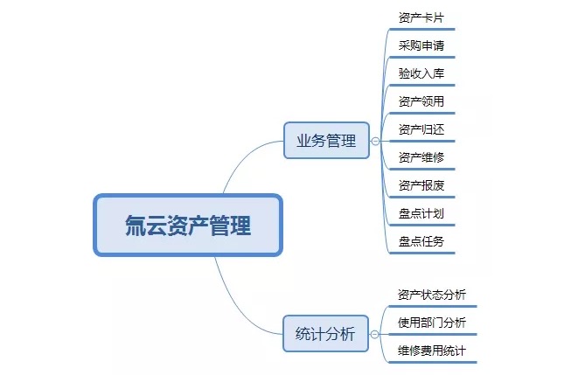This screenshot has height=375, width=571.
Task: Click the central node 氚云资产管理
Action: pos(188,225)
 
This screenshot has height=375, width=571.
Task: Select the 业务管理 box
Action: pos(326,141)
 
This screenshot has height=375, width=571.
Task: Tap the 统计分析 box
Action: pos(325,334)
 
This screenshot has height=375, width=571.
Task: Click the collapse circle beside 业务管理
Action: pos(375,141)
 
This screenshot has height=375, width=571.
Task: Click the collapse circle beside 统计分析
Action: pos(374,334)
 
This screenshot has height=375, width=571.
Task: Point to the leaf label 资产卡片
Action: pos(421,17)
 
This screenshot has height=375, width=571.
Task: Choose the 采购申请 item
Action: pos(421,45)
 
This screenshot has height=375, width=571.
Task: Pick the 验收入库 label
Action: pos(421,73)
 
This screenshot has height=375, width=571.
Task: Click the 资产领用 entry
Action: pos(421,101)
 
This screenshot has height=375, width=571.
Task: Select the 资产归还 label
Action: pos(421,129)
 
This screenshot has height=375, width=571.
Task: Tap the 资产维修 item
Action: pos(421,157)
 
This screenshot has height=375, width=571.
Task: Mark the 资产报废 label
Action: pos(421,185)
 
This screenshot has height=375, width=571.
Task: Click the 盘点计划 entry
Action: pos(421,213)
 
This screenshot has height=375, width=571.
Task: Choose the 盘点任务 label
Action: pos(421,241)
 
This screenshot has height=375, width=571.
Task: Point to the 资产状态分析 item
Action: pos(432,295)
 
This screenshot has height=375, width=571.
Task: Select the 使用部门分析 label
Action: pos(432,323)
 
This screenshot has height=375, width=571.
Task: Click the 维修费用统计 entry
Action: pos(432,351)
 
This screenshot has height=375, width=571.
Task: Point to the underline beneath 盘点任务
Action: pos(422,253)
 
